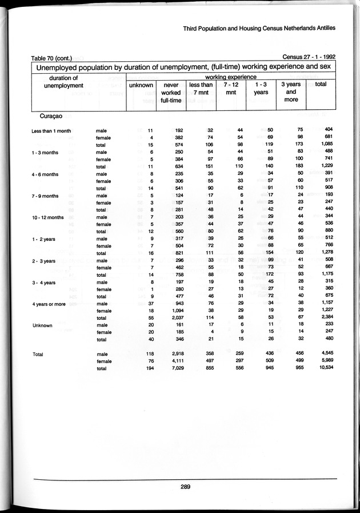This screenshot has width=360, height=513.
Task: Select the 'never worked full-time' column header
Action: [171, 93]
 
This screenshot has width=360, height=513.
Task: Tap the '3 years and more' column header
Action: [291, 93]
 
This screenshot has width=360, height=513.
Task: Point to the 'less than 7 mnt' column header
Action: [201, 89]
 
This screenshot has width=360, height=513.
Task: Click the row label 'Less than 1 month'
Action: [51, 131]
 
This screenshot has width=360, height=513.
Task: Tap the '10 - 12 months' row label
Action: [48, 217]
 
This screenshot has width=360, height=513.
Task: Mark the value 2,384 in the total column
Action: [325, 317]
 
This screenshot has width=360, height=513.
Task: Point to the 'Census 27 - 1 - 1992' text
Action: [309, 57]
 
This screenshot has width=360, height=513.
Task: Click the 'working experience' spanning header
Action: [230, 76]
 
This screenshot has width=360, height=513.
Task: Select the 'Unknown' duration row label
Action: [42, 325]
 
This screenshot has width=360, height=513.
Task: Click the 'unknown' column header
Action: [141, 85]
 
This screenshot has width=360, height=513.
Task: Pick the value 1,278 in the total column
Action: [325, 253]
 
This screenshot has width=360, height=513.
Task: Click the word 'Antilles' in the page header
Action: [322, 28]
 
